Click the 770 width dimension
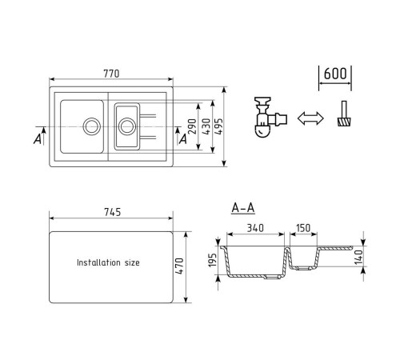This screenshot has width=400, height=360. tap(111, 74)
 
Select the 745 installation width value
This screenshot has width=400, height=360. tap(113, 212)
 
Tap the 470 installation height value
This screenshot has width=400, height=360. tap(180, 266)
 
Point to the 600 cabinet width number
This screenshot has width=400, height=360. tap(335, 74)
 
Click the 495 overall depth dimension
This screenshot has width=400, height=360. tap(218, 126)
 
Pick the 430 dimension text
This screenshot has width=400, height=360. tap(206, 126)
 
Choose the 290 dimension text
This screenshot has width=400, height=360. tap(192, 126)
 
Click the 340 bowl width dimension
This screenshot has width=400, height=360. tap(255, 228)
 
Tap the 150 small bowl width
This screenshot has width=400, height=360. tap(303, 228)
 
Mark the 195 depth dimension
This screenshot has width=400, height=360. tap(212, 260)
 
